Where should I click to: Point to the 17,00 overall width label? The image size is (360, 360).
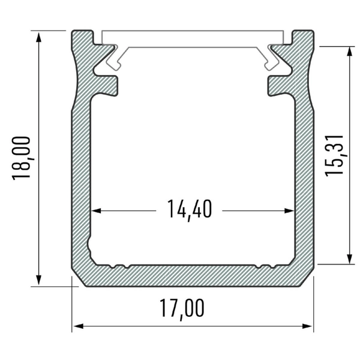(182, 308)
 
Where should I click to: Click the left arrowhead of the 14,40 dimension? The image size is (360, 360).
(97, 211)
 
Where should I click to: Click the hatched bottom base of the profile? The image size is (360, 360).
(192, 275)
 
